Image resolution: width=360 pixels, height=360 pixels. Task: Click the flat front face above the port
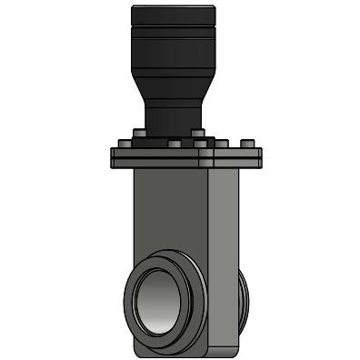tap(168, 214)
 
